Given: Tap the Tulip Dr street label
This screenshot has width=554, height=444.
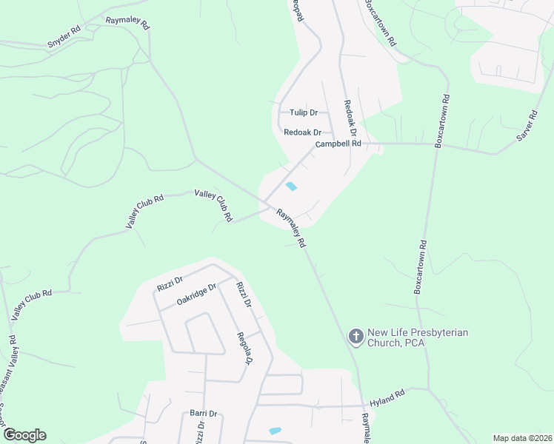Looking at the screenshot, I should (304, 112).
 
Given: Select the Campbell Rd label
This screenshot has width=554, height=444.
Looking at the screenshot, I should (338, 144).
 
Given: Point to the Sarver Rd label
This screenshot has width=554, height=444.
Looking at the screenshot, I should (527, 125).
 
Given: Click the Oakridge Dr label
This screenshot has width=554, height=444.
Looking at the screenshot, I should (196, 293).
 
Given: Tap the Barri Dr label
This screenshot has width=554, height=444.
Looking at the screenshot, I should (203, 414).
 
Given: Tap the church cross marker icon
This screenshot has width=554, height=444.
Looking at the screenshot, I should (355, 337).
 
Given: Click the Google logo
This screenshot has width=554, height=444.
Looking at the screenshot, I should (24, 435).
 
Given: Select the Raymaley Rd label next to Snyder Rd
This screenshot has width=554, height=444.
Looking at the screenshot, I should (127, 24).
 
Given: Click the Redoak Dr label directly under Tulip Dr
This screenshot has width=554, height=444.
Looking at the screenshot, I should (302, 132).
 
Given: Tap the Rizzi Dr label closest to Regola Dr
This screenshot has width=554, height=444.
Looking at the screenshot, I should (244, 294).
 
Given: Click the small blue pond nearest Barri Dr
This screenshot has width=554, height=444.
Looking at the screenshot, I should (275, 431).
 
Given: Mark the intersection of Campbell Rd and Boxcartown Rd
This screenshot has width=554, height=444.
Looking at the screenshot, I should (435, 144).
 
